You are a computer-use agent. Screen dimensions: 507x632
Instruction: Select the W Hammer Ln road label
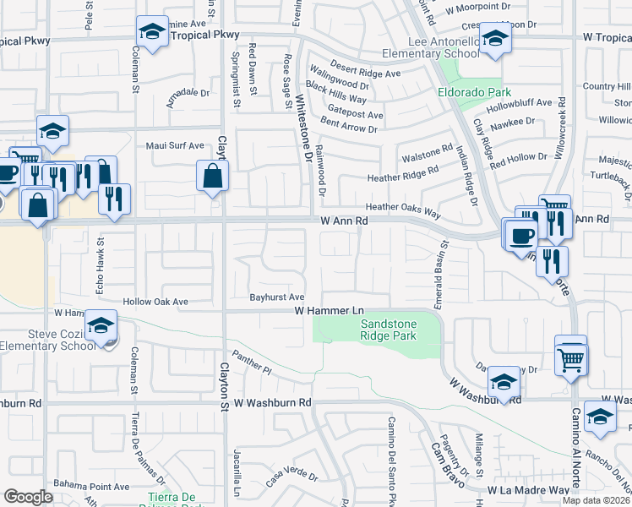[x=328, y=311]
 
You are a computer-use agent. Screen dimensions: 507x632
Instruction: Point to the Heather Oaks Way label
[x=402, y=208]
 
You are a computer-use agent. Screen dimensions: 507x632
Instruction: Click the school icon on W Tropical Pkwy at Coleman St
[x=152, y=33]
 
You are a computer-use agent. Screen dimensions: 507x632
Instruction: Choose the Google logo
[x=27, y=497]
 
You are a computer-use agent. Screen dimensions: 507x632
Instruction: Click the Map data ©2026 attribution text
[x=597, y=500]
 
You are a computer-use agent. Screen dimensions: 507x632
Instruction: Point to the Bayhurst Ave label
[x=276, y=297]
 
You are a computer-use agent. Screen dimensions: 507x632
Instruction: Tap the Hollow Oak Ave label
[x=155, y=302]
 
